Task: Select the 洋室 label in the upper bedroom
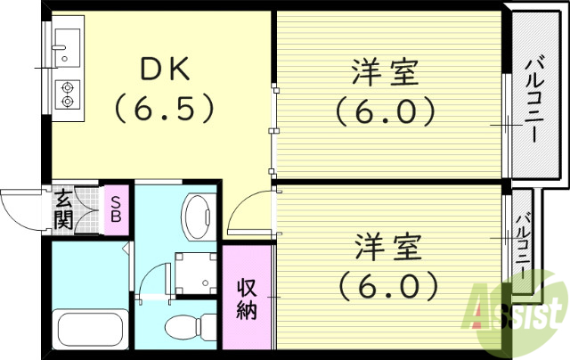[x=385, y=72]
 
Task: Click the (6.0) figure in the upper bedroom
[x=386, y=111]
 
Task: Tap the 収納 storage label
[x=247, y=299]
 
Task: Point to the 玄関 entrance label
[x=63, y=210]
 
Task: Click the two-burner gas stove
[x=67, y=94]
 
